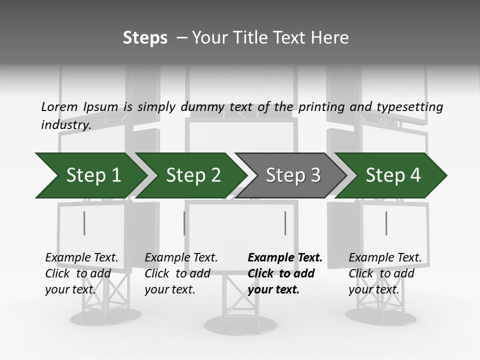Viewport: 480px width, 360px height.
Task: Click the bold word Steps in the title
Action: (x=145, y=37)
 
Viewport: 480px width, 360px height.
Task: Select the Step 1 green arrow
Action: (x=93, y=175)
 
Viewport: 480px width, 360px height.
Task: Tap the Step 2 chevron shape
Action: (x=193, y=175)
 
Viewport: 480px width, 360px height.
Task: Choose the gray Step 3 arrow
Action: (x=293, y=175)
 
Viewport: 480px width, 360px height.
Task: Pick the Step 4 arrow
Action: (x=393, y=175)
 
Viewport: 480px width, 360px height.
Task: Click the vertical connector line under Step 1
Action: (x=84, y=223)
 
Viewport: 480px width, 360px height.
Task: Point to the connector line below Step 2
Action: (x=184, y=223)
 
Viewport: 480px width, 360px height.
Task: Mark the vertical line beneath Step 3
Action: (x=285, y=223)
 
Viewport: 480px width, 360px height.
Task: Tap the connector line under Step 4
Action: (x=386, y=223)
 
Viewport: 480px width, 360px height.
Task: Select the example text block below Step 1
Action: (x=81, y=273)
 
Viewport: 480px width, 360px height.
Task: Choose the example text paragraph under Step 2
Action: (x=181, y=273)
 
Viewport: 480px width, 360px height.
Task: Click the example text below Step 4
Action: (x=384, y=273)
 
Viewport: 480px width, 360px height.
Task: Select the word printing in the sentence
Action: (x=320, y=106)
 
